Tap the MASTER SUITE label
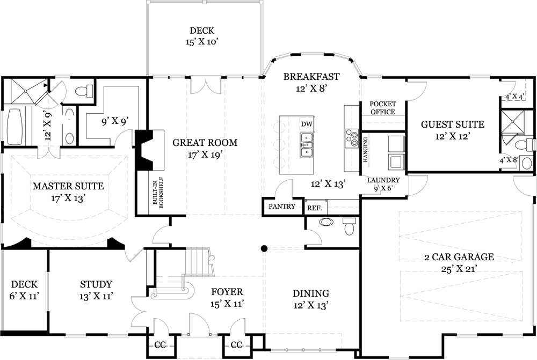[x=68, y=186]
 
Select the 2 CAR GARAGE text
[x=450, y=257]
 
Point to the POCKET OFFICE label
[x=383, y=108]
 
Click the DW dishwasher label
[x=307, y=124]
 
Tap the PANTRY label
[x=282, y=207]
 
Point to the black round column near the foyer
[x=264, y=248]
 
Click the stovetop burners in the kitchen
[x=352, y=138]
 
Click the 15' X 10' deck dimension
[x=204, y=41]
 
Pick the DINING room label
[x=310, y=293]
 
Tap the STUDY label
[x=96, y=284]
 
